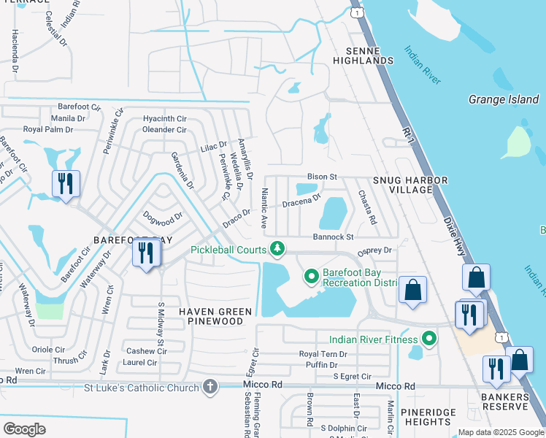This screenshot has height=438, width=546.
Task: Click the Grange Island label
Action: coord(503,99)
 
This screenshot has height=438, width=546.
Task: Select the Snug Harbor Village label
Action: coord(403,185)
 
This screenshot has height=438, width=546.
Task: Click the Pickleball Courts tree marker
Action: coord(277,250)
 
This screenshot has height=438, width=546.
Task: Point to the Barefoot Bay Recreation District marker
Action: coord(312,276)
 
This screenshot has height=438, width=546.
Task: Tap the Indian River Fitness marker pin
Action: coord(429,339)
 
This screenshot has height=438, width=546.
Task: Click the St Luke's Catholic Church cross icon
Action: coord(210,386)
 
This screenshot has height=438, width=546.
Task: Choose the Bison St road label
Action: coord(321,177)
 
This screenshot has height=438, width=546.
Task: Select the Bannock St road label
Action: coord(333,237)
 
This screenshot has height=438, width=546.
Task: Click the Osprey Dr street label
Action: coord(375,250)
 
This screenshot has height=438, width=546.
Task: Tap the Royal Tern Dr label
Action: coord(323,354)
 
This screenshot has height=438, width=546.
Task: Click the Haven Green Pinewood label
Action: coord(215,316)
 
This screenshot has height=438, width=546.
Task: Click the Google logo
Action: coord(25,429)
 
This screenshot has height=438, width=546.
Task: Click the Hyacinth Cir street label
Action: coord(165,118)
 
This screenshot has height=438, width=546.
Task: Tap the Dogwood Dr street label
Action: coord(161,215)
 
